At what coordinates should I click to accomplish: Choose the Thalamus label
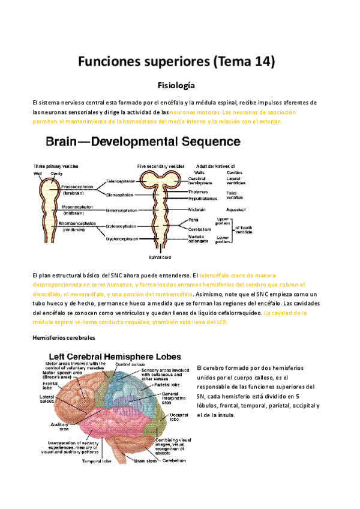pos(199,191)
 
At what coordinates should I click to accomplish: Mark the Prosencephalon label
pos(77,187)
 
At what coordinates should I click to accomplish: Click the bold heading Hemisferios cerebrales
pos(64,338)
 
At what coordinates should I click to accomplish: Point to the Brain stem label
pos(145,461)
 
